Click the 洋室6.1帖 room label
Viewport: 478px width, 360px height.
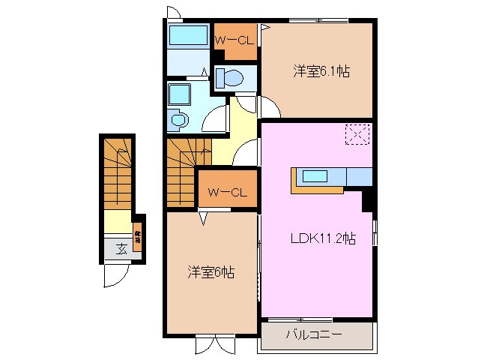[321, 72]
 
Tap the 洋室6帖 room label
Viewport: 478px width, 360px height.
[211, 273]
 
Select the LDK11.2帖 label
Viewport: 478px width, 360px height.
[323, 239]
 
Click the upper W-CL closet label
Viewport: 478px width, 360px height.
[235, 40]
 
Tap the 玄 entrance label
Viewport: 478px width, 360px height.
[121, 248]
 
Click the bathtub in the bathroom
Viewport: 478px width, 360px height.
[188, 36]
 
